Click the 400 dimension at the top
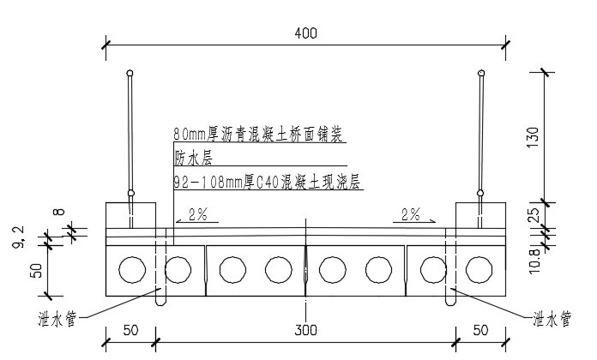(305, 33)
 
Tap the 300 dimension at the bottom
(305, 330)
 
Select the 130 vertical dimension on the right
(534, 137)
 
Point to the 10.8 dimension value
(534, 261)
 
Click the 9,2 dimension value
(19, 237)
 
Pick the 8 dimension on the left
(59, 212)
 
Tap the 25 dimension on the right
(534, 214)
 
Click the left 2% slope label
(198, 214)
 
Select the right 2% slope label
(410, 214)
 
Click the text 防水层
(193, 158)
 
